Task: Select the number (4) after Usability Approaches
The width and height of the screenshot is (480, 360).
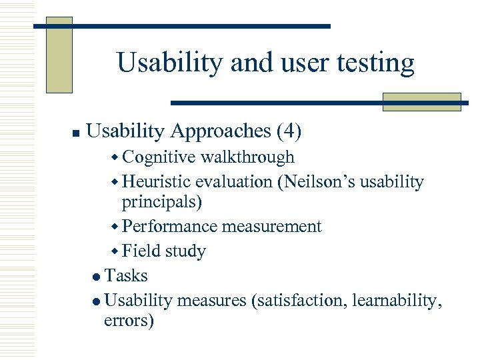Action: pos(288,131)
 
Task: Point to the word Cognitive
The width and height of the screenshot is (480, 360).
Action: pos(159,157)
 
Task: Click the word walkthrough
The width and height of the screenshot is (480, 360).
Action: pos(247,157)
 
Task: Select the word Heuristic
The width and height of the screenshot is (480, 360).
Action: pos(160,182)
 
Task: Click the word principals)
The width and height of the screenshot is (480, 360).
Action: pos(162,201)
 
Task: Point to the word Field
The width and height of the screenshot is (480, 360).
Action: pos(141,251)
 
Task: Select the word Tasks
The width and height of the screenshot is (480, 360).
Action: pos(126,276)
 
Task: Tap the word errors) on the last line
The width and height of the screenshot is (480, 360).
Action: pos(129,321)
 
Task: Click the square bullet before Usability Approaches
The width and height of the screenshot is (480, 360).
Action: pos(77,133)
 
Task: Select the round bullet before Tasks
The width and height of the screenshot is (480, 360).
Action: pos(98,277)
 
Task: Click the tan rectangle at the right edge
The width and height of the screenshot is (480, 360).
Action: pos(421,102)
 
